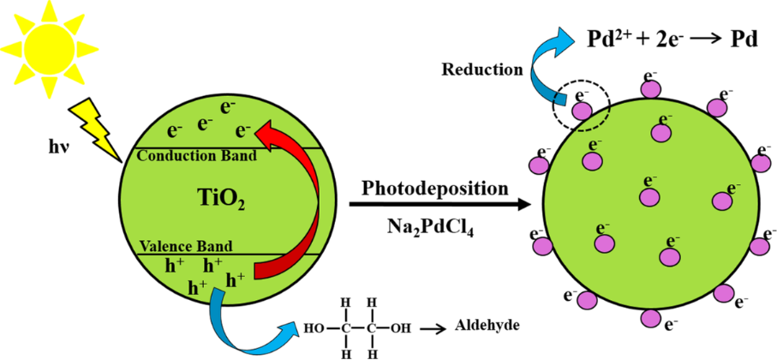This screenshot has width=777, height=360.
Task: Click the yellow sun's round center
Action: pos(49,49)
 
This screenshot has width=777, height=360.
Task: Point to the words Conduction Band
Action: pos(197,156)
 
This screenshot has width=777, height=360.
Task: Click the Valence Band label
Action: pos(186,246)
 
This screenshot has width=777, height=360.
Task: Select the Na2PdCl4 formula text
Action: pos(428,229)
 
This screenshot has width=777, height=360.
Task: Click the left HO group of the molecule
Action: pos(315,327)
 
